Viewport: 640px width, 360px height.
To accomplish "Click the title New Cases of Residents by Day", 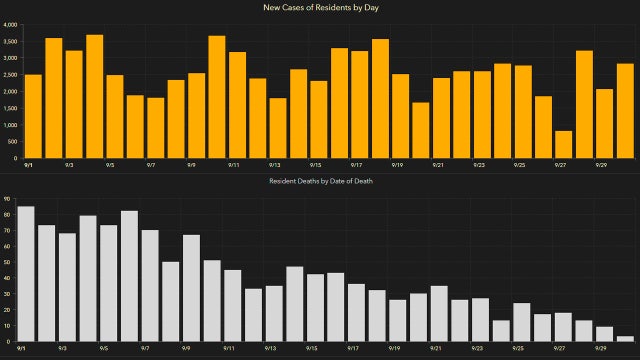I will tap(319, 9).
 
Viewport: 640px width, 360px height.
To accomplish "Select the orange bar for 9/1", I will tap(33, 116).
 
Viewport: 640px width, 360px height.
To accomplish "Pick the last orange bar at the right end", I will tap(625, 111).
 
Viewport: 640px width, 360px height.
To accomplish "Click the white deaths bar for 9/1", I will tap(26, 274).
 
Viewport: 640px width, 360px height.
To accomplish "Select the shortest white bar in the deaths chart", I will tap(625, 339).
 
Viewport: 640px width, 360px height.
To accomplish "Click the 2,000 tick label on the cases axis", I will tap(9, 92).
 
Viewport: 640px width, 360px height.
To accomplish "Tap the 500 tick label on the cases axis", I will tap(11, 142).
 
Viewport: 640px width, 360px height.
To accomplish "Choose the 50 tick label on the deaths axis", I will tap(7, 262).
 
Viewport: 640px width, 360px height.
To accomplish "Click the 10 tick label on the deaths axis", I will tap(7, 326).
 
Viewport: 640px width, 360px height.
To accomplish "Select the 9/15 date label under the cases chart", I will tap(315, 165).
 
